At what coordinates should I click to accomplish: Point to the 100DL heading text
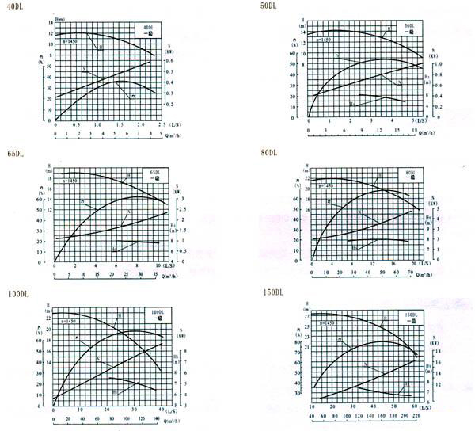pos(17,294)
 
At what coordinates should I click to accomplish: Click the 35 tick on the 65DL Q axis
pos(156,274)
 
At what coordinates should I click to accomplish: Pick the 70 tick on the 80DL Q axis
pos(411,273)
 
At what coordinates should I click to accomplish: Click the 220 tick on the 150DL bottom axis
pos(417,415)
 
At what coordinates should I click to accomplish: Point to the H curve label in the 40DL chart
pos(101,49)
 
